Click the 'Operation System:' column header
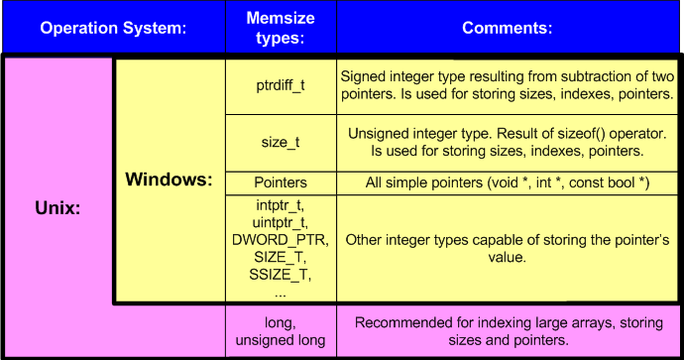coord(113,28)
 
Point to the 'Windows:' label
coord(169,181)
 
